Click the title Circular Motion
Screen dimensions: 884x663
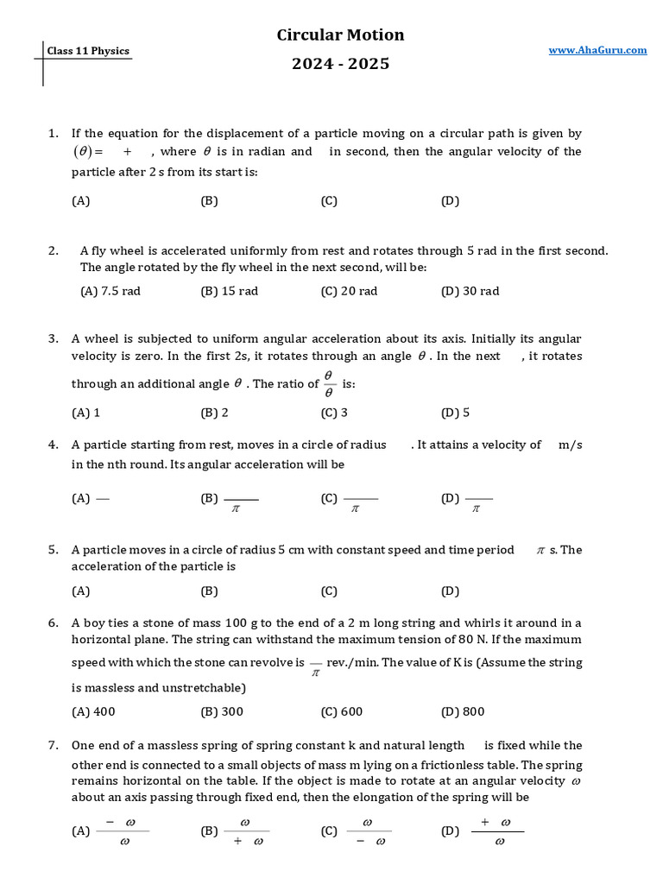pos(340,35)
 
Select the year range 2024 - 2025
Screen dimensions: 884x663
pos(340,64)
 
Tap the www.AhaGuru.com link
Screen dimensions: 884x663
pos(597,50)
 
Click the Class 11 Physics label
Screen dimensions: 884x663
pos(88,51)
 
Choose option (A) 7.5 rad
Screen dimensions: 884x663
pos(110,291)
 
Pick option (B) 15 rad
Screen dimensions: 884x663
pos(229,291)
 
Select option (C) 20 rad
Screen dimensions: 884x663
pos(349,291)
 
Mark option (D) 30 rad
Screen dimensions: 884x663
pos(470,291)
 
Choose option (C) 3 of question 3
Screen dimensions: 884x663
pos(334,413)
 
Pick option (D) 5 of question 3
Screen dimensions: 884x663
pos(455,413)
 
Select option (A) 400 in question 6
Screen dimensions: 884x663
pos(93,712)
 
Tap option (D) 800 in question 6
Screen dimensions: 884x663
pos(463,712)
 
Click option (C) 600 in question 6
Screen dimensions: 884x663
pos(342,712)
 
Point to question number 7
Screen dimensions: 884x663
pos(53,745)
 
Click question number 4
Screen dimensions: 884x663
pos(53,445)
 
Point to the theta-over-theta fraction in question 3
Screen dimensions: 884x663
pos(329,383)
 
